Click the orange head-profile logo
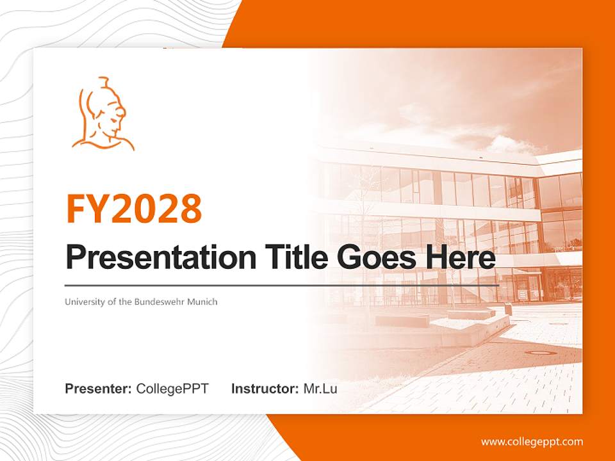point(103,115)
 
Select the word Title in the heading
point(295,257)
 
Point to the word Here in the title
point(463,257)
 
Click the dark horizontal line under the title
point(282,285)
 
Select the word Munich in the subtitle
point(202,302)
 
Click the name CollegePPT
point(172,389)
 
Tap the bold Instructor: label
point(265,389)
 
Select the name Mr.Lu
point(320,389)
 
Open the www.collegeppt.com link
point(532,441)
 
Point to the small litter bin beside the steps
point(508,308)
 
